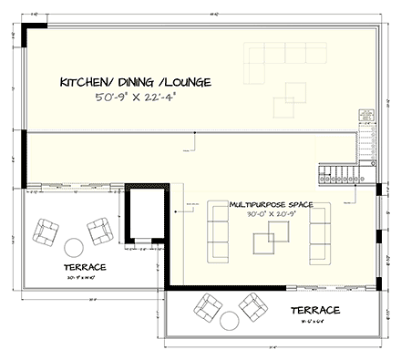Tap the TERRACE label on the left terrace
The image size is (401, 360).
[x=84, y=266]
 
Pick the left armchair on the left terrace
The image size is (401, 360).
[x=44, y=233]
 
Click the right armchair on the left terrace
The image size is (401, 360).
[x=98, y=231]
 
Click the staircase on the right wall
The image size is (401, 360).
[x=334, y=173]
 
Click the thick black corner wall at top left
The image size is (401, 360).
[x=30, y=31]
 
